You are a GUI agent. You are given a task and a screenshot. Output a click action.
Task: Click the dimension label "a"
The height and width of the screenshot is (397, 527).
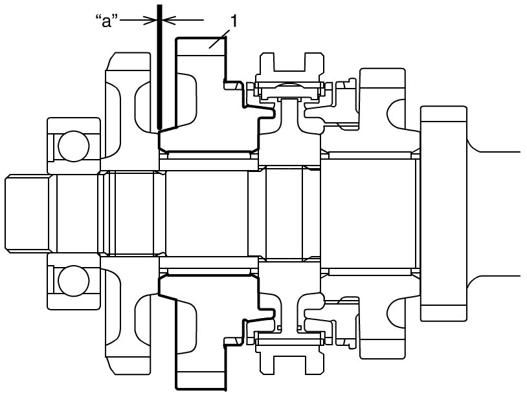click(x=107, y=21)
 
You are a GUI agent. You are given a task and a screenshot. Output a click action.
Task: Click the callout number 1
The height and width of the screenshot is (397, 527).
click(x=234, y=21)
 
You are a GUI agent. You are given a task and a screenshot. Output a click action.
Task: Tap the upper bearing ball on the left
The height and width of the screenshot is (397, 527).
click(x=74, y=146)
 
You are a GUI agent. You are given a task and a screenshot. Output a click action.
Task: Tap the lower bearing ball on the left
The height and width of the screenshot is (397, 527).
click(x=74, y=281)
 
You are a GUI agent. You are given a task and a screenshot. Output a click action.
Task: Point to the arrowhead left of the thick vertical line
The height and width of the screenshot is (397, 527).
click(x=151, y=20)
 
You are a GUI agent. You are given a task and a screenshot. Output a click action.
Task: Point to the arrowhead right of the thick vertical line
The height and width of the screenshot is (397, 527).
click(x=170, y=20)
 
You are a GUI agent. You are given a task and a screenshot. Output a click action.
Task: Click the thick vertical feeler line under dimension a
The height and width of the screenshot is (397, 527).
click(x=161, y=67)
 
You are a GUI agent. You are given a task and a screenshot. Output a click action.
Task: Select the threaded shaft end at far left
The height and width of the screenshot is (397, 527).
click(x=28, y=214)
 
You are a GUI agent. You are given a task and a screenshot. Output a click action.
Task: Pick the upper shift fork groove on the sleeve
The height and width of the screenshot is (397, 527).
click(x=289, y=62)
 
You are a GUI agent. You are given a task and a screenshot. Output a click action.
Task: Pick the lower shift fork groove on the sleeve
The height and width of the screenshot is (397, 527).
click(x=289, y=365)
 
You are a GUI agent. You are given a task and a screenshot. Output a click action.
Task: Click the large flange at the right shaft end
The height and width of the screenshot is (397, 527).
click(x=443, y=214)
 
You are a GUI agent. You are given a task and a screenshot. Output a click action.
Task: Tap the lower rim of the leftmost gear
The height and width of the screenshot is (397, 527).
click(x=128, y=366)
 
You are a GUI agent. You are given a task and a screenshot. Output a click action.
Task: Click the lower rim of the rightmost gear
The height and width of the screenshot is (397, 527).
click(x=383, y=349)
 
